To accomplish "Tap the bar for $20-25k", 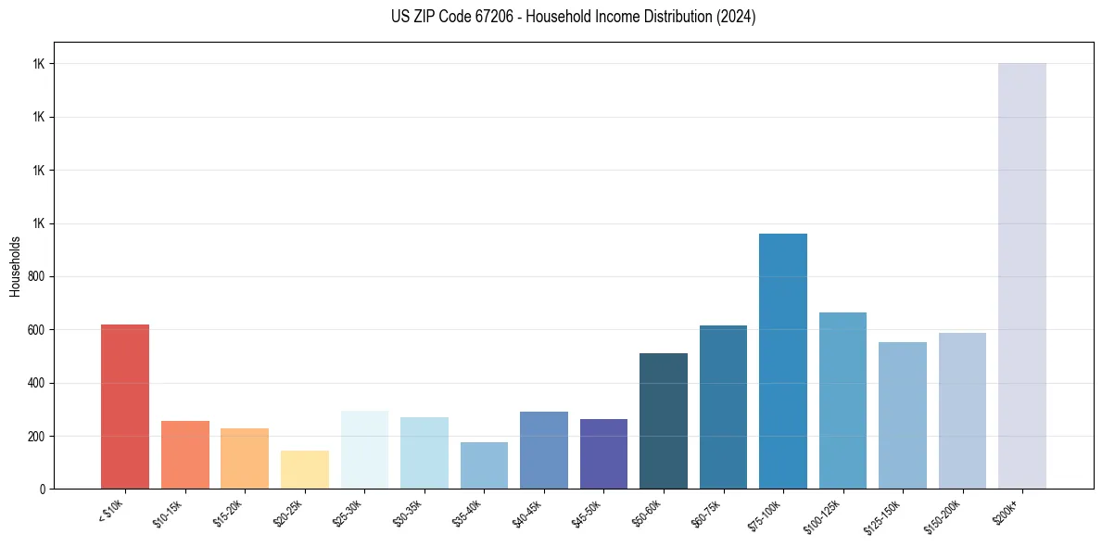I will coord(305,469).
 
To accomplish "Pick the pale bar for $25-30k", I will coord(364,450).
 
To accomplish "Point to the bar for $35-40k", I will coord(484,465).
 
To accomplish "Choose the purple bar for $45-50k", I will coord(603,453).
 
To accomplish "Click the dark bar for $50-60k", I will coord(664,421).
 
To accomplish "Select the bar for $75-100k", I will coord(783,362).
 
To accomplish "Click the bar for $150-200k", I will coord(962,411).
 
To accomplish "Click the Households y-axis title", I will coord(15,266).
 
